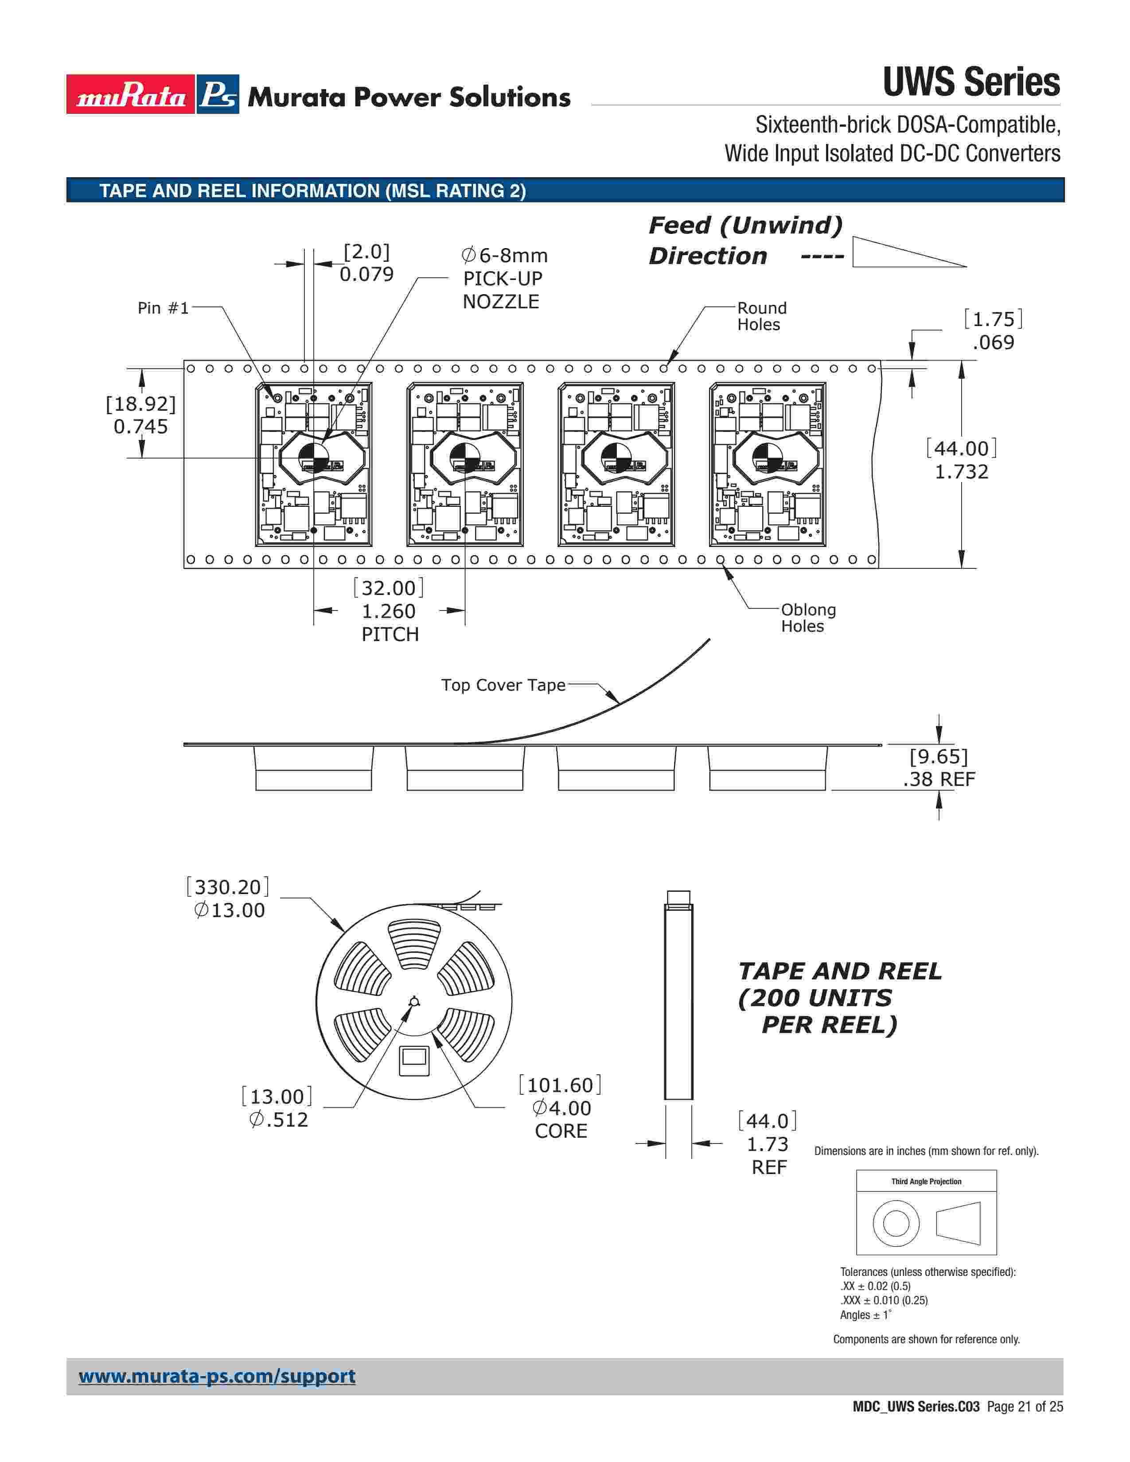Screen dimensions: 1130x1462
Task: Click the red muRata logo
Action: [x=130, y=94]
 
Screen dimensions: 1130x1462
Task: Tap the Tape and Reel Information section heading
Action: [x=312, y=191]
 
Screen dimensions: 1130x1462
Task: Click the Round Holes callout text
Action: [x=762, y=316]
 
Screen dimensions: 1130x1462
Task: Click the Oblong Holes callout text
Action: [x=808, y=618]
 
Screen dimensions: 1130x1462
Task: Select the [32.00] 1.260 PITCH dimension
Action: [x=389, y=610]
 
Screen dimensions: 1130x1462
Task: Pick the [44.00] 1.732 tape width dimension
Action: [x=961, y=460]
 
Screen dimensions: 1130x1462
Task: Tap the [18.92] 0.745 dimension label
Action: [x=140, y=415]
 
